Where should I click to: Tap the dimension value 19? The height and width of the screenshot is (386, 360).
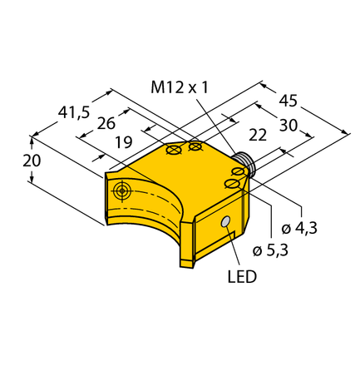(122, 142)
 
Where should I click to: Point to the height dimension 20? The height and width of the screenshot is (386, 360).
(30, 161)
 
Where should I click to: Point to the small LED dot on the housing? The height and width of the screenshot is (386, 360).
(224, 222)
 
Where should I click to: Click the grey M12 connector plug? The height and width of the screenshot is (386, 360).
(245, 161)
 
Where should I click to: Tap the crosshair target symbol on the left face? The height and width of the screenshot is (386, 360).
(123, 191)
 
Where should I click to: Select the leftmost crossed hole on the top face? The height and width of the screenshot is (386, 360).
(174, 151)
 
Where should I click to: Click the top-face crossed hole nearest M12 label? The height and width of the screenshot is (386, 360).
(195, 146)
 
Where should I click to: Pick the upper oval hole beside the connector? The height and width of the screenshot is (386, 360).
(239, 172)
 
